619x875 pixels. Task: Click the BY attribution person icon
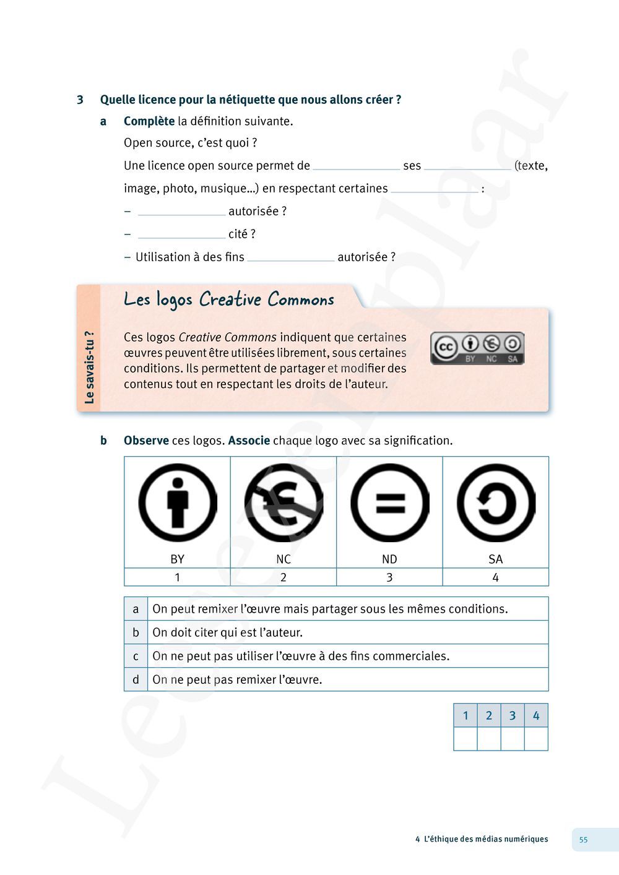tap(178, 502)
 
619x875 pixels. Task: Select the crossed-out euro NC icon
tap(284, 502)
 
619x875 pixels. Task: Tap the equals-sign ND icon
tap(389, 502)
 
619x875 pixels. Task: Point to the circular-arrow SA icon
tap(496, 502)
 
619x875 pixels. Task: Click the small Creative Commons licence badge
tap(477, 348)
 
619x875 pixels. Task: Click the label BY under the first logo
tap(178, 559)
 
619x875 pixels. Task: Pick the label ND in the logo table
tap(389, 559)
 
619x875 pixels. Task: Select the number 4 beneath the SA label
tap(496, 577)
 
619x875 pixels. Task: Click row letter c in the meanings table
tap(136, 656)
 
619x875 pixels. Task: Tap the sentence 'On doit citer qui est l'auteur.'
tap(228, 632)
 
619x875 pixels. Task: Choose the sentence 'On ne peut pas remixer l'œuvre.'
tap(237, 679)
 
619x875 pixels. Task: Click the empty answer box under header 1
tap(465, 739)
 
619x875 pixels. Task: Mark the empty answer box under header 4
tap(536, 739)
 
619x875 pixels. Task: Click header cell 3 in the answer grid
tap(513, 715)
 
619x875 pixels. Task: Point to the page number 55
tap(583, 840)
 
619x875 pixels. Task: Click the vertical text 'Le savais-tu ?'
tap(89, 368)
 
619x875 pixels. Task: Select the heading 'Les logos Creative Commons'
tap(229, 300)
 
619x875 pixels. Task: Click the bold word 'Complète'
tap(149, 121)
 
